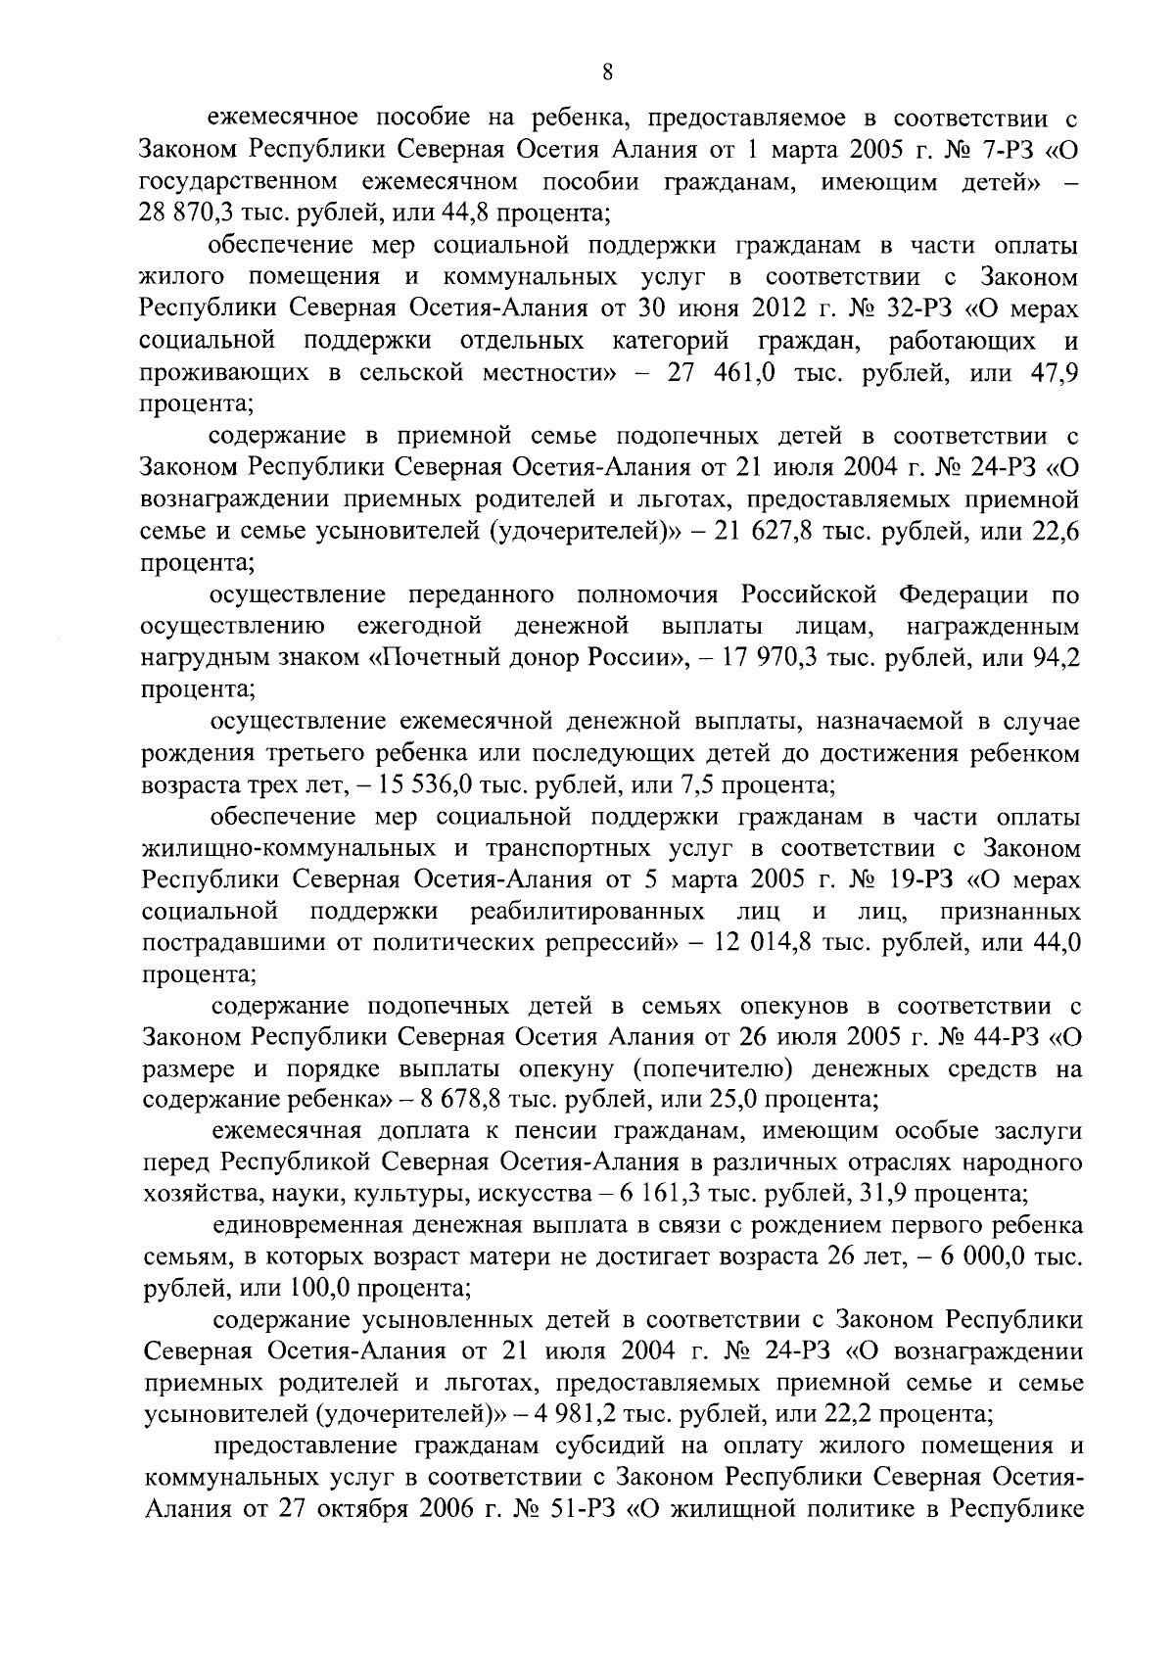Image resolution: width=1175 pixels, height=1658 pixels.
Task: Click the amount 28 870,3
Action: [x=192, y=213]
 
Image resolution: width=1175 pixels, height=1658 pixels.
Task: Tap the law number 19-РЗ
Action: [x=910, y=880]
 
